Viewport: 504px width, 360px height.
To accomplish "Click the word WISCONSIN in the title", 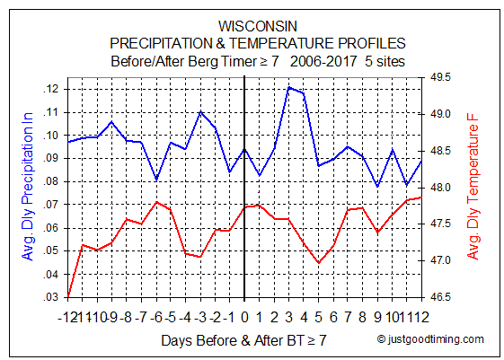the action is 258,26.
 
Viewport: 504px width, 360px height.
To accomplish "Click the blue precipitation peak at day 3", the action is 289,87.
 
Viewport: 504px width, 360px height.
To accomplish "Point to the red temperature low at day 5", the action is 319,263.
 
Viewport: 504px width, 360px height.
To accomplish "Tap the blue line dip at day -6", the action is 156,180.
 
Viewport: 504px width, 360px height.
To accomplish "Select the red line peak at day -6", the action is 156,202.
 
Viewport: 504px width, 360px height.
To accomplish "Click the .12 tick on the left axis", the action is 51,89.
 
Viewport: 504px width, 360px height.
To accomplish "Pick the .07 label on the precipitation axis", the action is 51,205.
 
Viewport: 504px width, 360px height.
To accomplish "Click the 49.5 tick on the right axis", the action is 440,77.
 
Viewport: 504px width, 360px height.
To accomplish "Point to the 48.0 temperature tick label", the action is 440,188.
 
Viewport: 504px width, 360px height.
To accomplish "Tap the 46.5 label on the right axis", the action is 440,297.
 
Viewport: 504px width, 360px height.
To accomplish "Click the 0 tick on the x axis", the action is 244,317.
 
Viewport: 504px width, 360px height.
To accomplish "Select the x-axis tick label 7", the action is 348,317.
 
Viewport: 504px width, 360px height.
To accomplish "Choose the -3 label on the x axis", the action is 200,317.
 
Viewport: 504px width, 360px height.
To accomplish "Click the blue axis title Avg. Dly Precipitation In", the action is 28,186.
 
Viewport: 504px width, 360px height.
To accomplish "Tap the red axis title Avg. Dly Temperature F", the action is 473,187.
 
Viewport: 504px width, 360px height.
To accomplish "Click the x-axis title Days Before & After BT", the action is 233,340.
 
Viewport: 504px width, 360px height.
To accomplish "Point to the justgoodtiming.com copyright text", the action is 430,339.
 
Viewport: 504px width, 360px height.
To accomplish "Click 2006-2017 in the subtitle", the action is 323,61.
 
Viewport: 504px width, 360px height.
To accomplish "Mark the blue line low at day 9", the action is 377,186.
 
